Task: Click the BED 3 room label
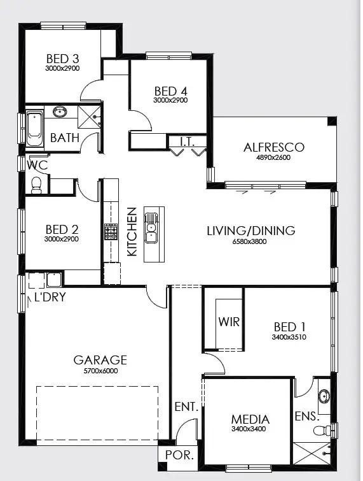(62, 58)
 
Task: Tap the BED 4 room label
(170, 90)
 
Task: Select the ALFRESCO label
(274, 147)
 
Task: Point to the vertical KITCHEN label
(132, 232)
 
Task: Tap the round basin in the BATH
(61, 113)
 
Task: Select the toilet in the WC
(36, 185)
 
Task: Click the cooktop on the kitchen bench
(111, 231)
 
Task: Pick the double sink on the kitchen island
(151, 227)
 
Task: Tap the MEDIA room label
(250, 419)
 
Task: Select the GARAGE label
(100, 360)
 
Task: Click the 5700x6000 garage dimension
(100, 370)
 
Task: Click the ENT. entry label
(187, 406)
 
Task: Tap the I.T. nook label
(186, 141)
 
